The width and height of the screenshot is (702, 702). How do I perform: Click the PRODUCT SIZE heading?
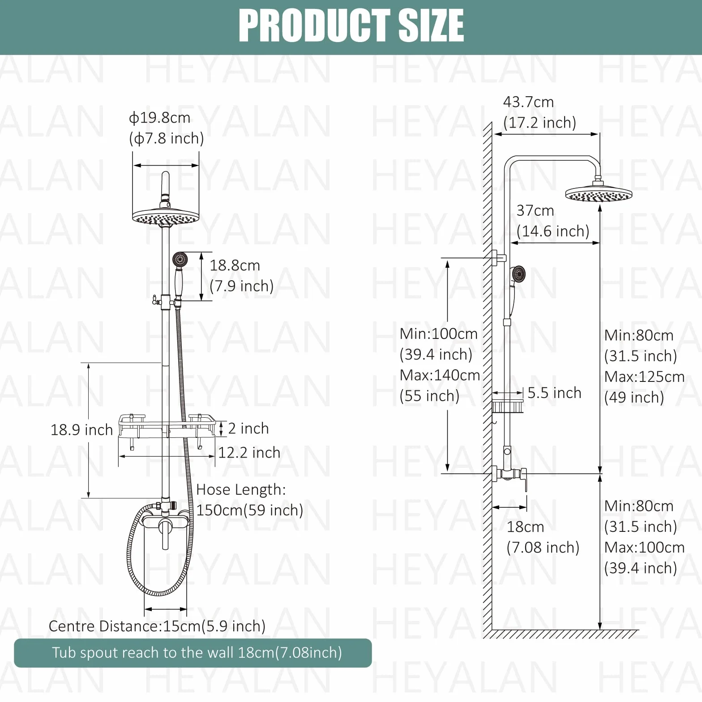351,26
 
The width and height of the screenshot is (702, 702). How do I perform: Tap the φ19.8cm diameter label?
160,118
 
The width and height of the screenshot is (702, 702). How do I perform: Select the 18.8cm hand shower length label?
235,265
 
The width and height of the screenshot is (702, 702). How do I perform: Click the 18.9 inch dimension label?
81,430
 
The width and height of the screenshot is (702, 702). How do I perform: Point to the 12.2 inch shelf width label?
249,453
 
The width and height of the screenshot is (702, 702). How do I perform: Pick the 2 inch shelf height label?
248,428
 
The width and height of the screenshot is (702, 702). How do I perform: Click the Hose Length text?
241,490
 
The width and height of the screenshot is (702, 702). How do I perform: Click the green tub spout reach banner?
193,653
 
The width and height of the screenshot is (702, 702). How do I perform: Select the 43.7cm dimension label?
529,102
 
